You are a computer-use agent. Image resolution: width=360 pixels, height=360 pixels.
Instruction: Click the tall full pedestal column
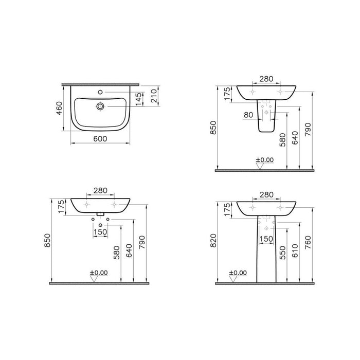pos(266,252)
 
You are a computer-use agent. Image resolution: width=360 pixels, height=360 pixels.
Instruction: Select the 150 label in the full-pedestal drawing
pos(266,238)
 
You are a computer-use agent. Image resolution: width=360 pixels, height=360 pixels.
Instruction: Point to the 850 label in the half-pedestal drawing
pos(220,127)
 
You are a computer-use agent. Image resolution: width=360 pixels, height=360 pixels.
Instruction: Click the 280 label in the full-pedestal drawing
pos(266,194)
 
